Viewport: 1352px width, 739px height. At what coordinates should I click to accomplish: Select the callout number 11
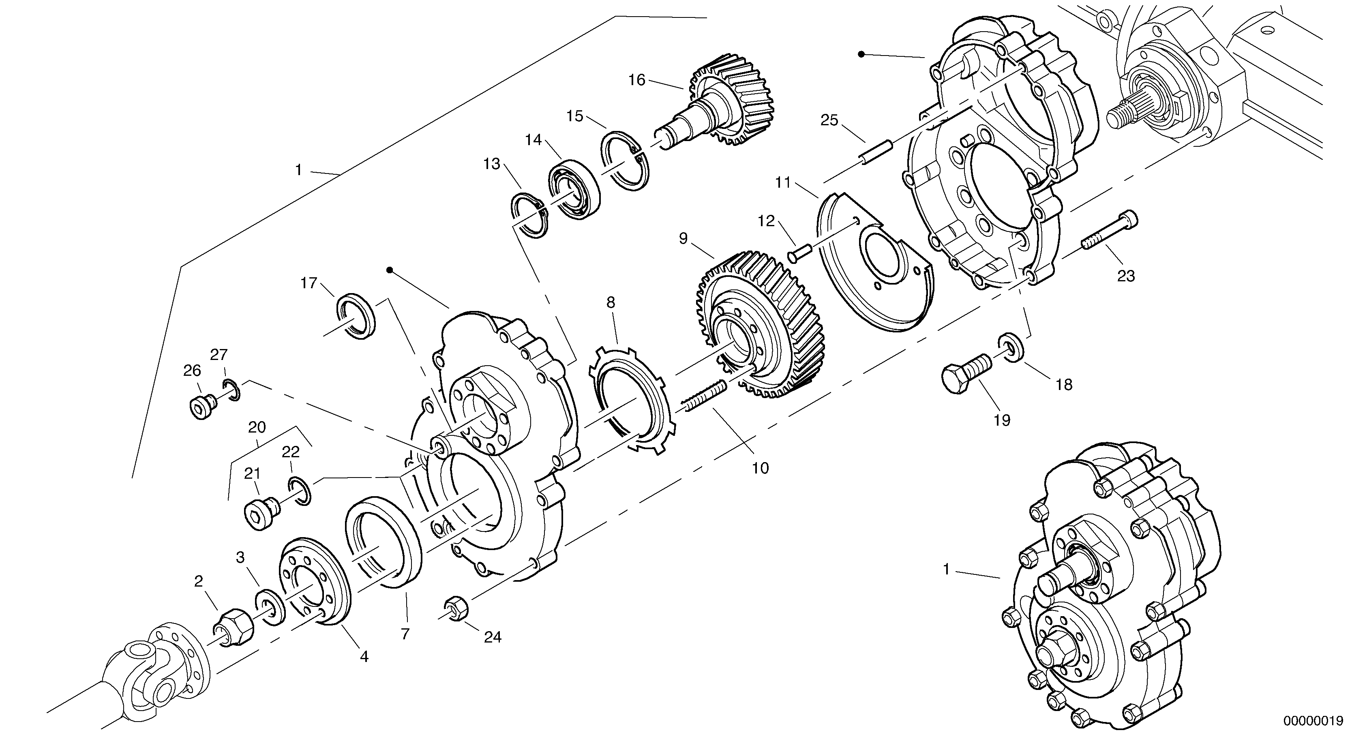[x=782, y=183]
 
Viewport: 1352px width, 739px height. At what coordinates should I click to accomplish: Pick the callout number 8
[x=611, y=302]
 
